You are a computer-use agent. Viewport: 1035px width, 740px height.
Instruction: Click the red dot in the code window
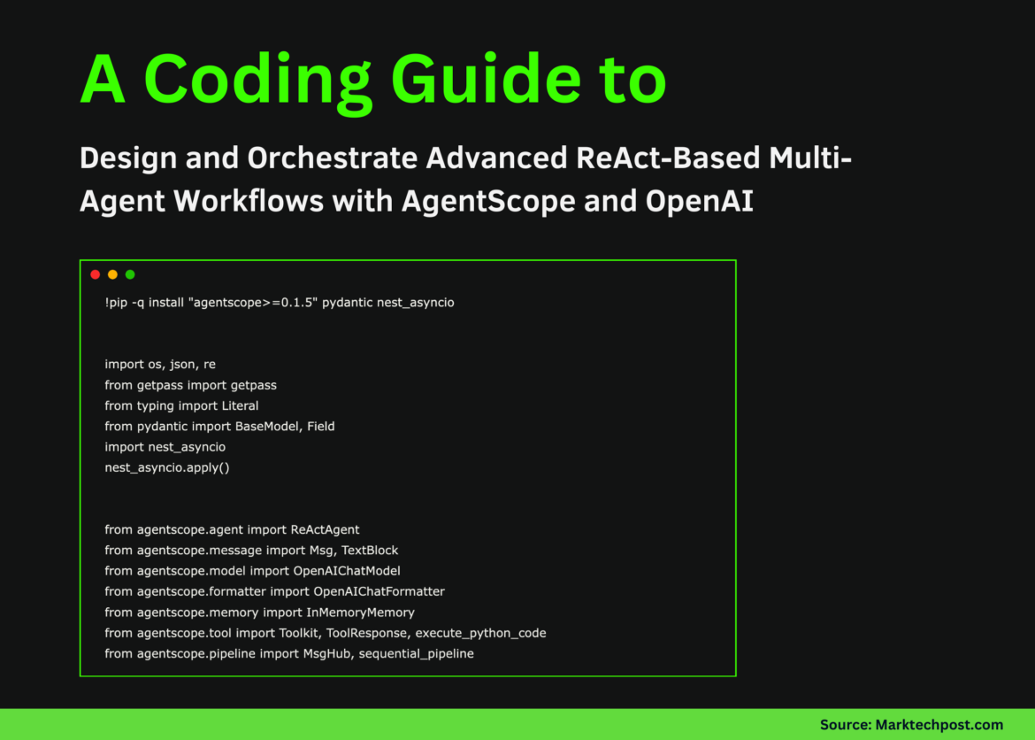pyautogui.click(x=96, y=274)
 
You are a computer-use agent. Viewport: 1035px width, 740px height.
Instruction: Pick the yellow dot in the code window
pyautogui.click(x=112, y=274)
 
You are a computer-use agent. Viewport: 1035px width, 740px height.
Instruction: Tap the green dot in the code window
pyautogui.click(x=130, y=274)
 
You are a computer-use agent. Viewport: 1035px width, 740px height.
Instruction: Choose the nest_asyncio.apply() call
pyautogui.click(x=166, y=467)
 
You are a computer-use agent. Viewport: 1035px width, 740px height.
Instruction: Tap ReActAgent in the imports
pyautogui.click(x=325, y=529)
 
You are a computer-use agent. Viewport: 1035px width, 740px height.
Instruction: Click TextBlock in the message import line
pyautogui.click(x=370, y=551)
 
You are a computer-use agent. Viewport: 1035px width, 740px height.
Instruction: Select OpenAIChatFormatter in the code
pyautogui.click(x=379, y=591)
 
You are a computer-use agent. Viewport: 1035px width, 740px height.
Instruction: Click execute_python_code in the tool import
pyautogui.click(x=480, y=633)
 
